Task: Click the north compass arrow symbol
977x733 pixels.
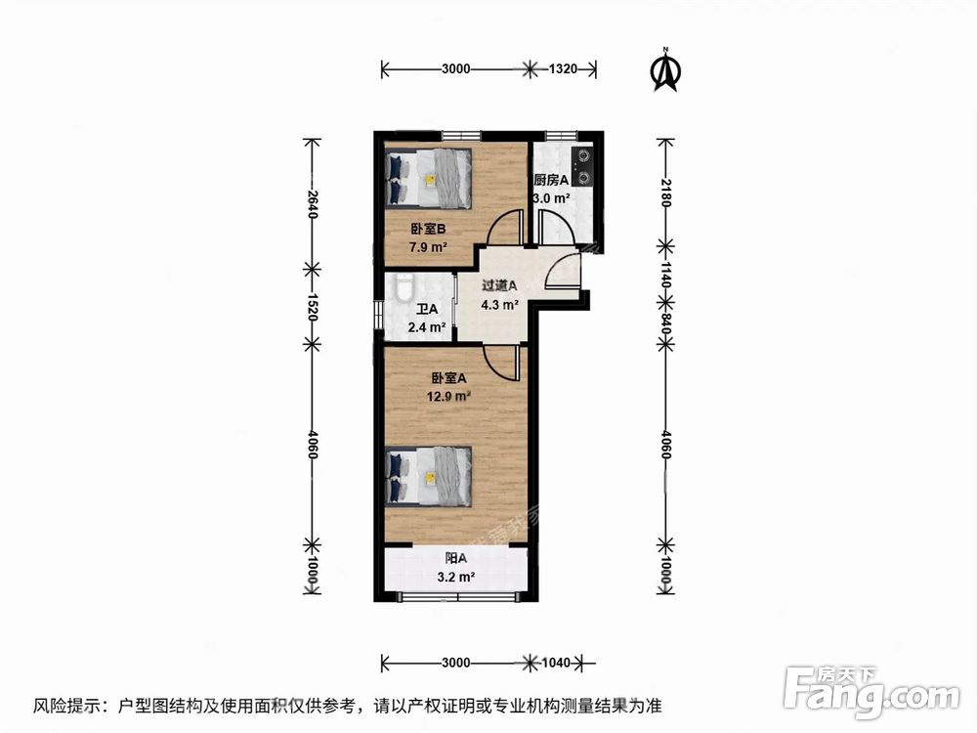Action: pos(666,70)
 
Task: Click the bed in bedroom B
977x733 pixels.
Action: pos(430,178)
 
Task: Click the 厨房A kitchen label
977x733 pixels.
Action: pos(551,180)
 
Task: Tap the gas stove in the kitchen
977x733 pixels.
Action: pos(583,165)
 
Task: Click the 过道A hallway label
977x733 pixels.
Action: pos(499,285)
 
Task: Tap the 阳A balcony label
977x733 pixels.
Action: pos(455,558)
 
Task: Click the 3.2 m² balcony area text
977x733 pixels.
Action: pos(455,577)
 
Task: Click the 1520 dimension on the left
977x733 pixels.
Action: pos(313,305)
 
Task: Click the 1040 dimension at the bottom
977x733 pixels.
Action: pos(554,663)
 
